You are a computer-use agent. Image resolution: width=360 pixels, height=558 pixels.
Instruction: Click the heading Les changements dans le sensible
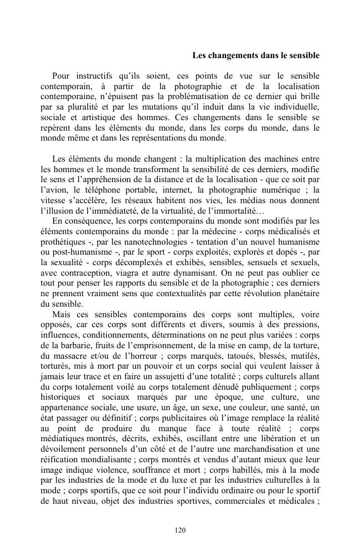(x=255, y=56)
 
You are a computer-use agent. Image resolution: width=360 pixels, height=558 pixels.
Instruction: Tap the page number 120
(x=179, y=530)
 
